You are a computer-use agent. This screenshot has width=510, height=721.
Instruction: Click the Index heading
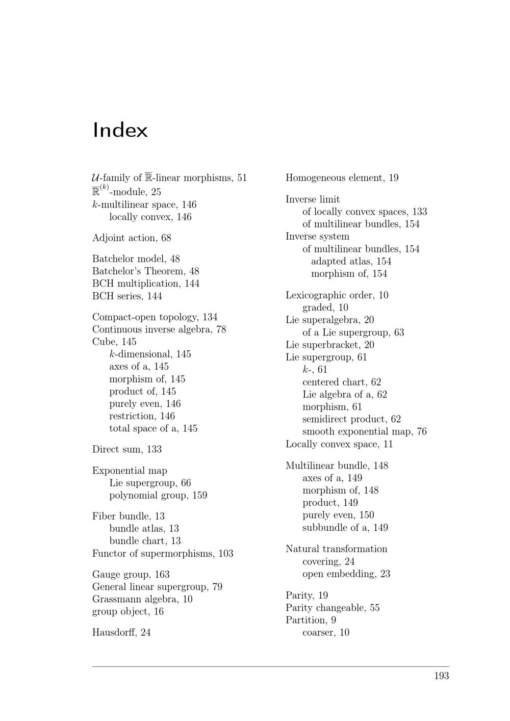pyautogui.click(x=120, y=131)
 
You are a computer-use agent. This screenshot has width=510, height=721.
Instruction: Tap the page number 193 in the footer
pyautogui.click(x=441, y=676)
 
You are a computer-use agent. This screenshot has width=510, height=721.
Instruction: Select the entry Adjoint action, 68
pyautogui.click(x=132, y=238)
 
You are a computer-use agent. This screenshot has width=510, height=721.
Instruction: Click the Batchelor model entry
pyautogui.click(x=136, y=259)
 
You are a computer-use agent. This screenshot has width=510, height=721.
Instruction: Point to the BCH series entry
pyautogui.click(x=127, y=296)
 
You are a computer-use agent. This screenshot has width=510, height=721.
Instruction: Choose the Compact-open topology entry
pyautogui.click(x=155, y=317)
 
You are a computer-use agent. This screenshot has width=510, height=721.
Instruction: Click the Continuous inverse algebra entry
pyautogui.click(x=159, y=329)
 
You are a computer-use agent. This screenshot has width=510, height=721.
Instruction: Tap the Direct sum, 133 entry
pyautogui.click(x=126, y=449)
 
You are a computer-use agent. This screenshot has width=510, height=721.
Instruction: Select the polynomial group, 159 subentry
pyautogui.click(x=158, y=496)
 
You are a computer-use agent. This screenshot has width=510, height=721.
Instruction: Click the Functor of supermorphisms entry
pyautogui.click(x=163, y=554)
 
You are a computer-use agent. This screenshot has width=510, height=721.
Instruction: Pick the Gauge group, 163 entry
pyautogui.click(x=131, y=575)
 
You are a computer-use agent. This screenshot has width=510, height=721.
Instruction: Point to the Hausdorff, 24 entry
pyautogui.click(x=121, y=633)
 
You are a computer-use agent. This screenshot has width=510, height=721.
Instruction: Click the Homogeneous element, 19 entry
pyautogui.click(x=342, y=178)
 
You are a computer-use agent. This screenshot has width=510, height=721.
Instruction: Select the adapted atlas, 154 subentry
pyautogui.click(x=351, y=262)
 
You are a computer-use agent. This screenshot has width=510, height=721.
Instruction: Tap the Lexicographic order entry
pyautogui.click(x=337, y=295)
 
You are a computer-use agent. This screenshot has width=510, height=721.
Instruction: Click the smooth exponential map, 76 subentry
pyautogui.click(x=364, y=432)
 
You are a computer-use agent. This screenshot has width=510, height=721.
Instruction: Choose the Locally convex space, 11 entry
pyautogui.click(x=339, y=444)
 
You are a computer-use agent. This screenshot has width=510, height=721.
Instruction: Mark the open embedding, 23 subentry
pyautogui.click(x=346, y=574)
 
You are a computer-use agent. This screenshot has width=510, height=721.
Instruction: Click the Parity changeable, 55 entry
pyautogui.click(x=333, y=608)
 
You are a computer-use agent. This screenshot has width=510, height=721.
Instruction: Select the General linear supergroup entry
pyautogui.click(x=157, y=587)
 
